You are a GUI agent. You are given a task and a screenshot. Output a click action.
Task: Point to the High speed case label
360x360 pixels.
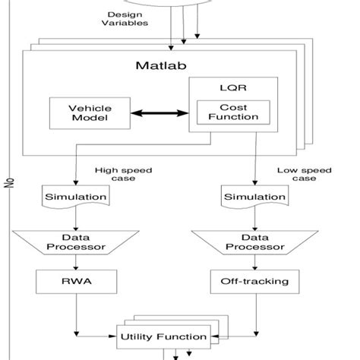click(x=115, y=175)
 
